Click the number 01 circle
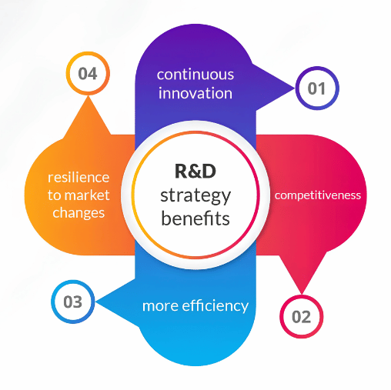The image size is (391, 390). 317,88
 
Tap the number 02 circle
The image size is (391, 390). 302,316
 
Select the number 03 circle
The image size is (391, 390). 73,302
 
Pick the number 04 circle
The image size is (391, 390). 88,73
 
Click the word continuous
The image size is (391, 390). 195,75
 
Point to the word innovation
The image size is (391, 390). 195,93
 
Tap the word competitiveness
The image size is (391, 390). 318,195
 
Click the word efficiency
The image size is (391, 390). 215,306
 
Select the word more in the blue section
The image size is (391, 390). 160,306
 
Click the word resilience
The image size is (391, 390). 79,178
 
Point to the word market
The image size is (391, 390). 87,195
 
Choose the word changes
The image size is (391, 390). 79,213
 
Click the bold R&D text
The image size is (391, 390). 195,171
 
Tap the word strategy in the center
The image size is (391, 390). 195,196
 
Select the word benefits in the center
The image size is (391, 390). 195,218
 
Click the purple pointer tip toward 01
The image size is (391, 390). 295,88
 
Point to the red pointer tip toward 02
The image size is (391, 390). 302,294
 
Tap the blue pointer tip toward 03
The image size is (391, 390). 95,302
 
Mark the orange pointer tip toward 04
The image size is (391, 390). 88,96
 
